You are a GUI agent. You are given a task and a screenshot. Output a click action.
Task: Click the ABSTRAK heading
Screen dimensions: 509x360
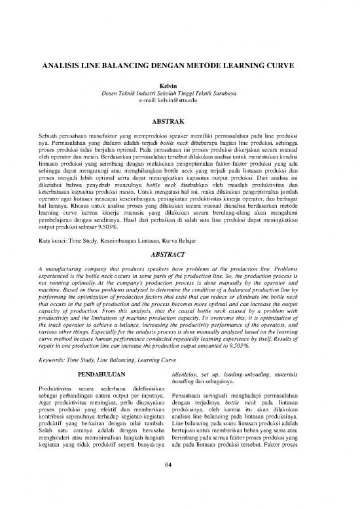[x=179, y=122]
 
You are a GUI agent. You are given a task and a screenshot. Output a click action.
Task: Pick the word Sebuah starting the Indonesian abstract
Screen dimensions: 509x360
[x=50, y=134]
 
